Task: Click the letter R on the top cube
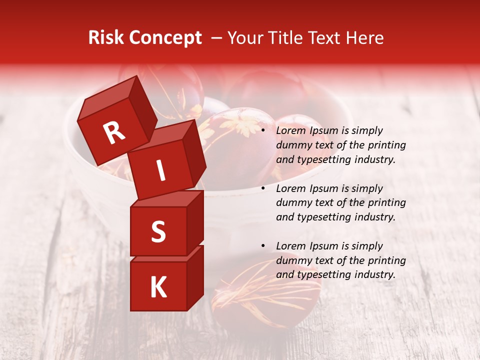coord(114,133)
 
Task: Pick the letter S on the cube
coord(158,232)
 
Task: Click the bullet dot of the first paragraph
coord(263,131)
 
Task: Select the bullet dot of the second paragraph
coord(263,189)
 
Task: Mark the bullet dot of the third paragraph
coord(263,246)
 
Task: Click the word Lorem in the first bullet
coord(291,131)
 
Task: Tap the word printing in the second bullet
coord(387,203)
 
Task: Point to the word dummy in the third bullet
coord(292,260)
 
